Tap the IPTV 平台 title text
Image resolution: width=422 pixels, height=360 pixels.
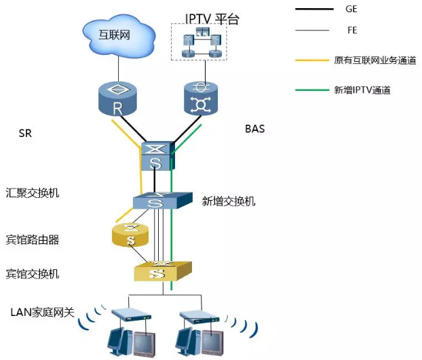(212, 18)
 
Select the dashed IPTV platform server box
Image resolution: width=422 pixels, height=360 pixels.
(198, 42)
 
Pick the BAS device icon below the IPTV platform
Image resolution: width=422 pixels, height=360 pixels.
(202, 98)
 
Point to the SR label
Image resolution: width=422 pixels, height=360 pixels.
(25, 134)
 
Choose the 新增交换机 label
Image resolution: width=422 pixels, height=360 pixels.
(229, 201)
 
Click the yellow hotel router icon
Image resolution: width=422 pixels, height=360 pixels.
(131, 235)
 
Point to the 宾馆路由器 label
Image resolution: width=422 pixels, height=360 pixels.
(33, 239)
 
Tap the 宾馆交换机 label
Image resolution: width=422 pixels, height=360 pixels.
(33, 274)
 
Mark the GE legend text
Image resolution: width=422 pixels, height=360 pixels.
(351, 9)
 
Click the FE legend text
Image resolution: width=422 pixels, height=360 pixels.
(351, 31)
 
